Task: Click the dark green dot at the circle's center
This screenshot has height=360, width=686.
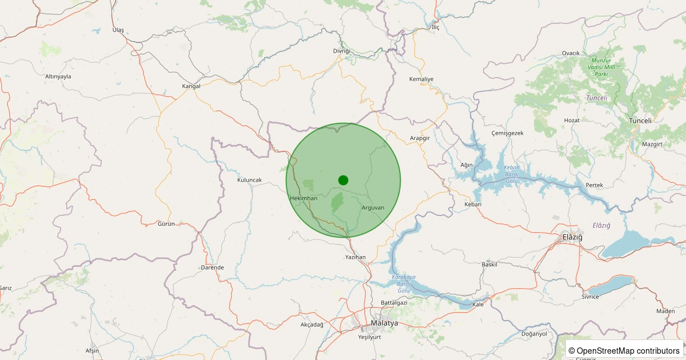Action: click(x=343, y=180)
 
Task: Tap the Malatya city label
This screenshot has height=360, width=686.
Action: click(x=384, y=323)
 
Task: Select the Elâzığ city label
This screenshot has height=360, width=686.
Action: click(x=572, y=237)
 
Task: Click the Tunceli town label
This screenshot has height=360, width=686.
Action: click(x=640, y=121)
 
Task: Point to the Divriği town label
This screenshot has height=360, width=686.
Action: click(x=341, y=51)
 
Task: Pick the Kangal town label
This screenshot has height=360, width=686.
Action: click(x=192, y=86)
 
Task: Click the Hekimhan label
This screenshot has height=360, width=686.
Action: click(x=304, y=198)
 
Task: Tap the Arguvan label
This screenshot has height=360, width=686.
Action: click(x=373, y=207)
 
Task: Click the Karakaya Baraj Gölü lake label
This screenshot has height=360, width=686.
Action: click(x=404, y=283)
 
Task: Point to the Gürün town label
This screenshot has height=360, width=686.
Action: click(x=166, y=223)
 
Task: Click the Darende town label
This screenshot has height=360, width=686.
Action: click(x=213, y=267)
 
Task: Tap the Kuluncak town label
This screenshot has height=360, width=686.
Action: click(x=249, y=180)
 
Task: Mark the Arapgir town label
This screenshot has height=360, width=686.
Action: click(x=420, y=138)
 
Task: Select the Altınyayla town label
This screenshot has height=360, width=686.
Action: click(x=58, y=76)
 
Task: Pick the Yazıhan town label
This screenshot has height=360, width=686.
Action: click(x=355, y=257)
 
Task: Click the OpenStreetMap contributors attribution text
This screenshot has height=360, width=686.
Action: click(x=624, y=350)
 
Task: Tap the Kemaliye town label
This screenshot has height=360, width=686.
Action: click(x=422, y=79)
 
